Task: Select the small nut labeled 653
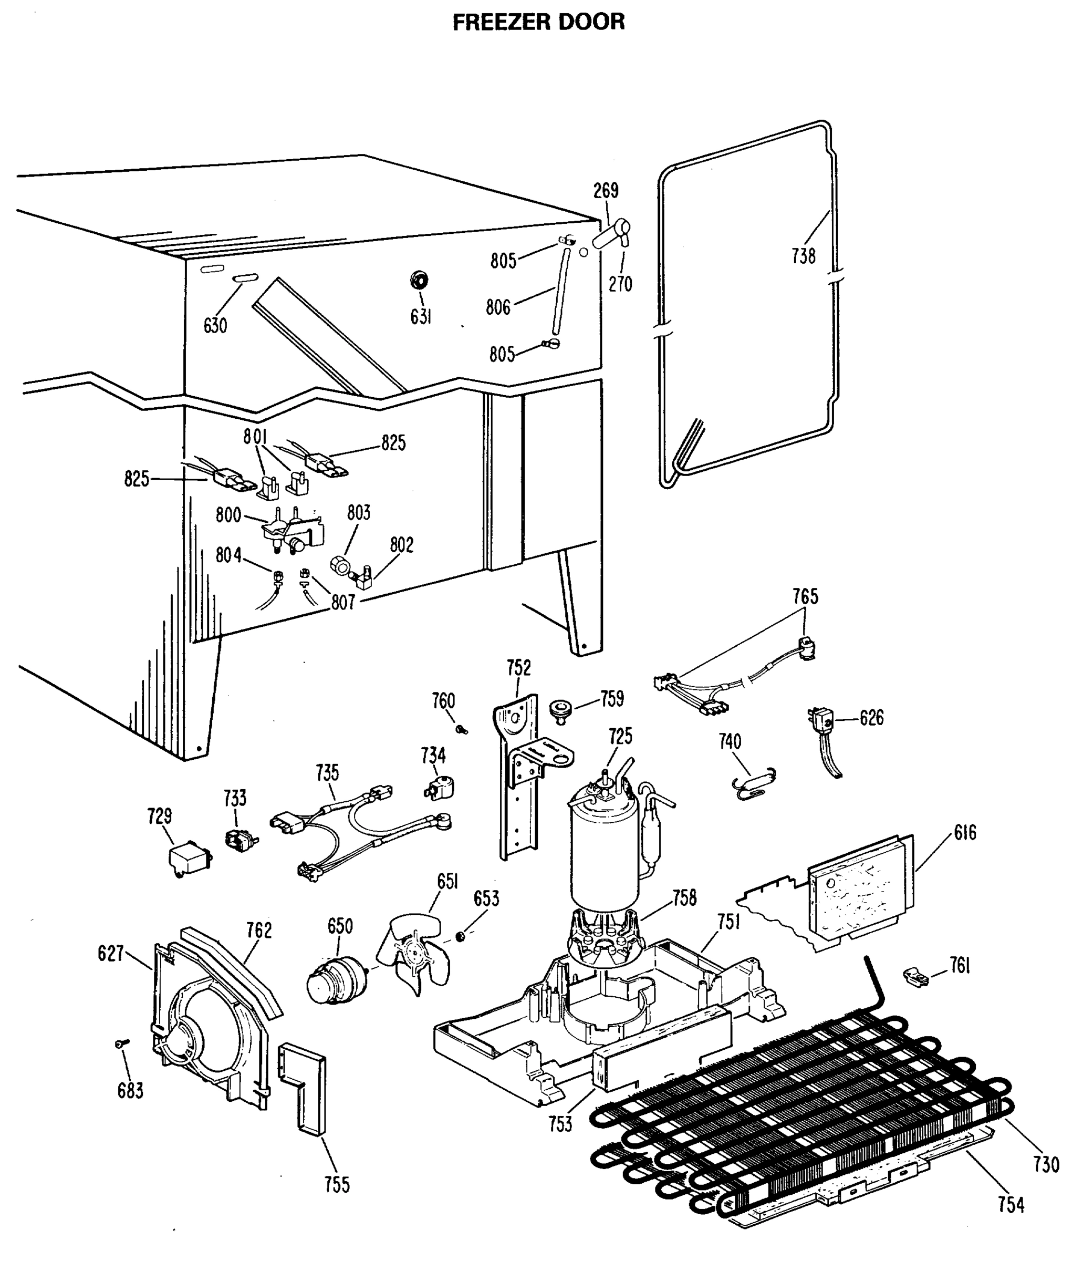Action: click(x=461, y=936)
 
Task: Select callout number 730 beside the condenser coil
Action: click(x=1046, y=1164)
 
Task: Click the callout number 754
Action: click(x=1011, y=1205)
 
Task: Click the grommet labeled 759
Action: click(x=559, y=710)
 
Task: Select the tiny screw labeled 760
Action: click(x=461, y=728)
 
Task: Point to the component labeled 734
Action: click(x=439, y=788)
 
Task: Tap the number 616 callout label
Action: click(x=965, y=833)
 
